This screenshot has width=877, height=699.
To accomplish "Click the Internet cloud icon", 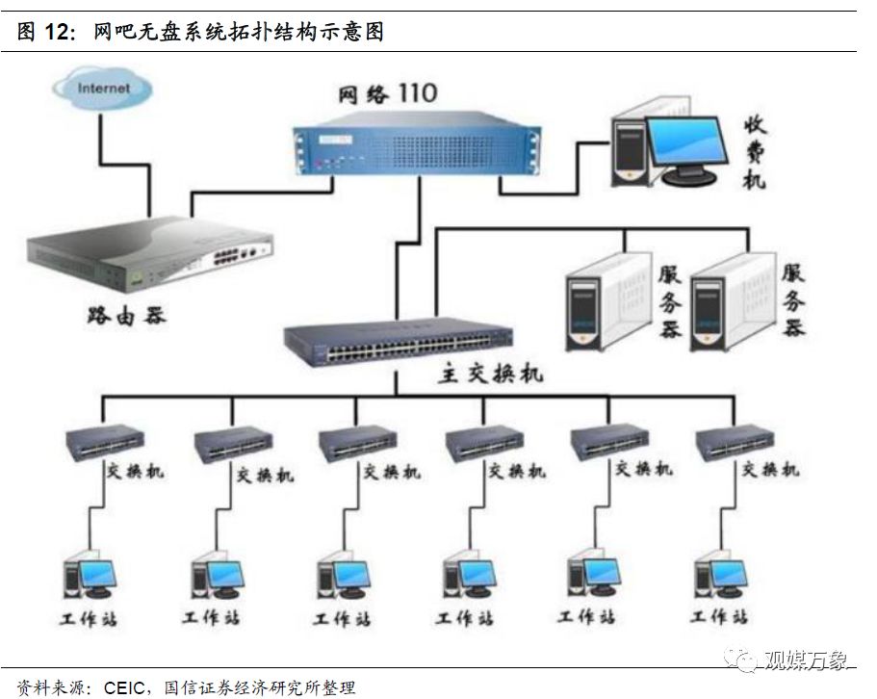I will click(x=102, y=89).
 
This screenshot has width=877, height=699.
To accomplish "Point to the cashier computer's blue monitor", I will click(x=684, y=143).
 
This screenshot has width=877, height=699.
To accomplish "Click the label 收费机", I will click(x=755, y=153).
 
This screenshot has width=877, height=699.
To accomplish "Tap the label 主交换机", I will click(x=490, y=374).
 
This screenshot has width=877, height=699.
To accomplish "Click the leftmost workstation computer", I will click(x=89, y=578).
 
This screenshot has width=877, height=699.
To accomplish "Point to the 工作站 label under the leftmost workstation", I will click(x=90, y=617).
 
